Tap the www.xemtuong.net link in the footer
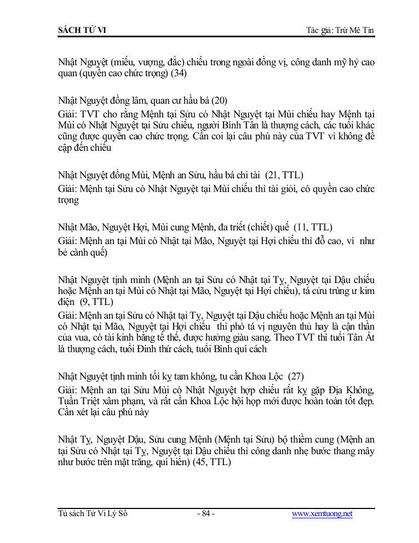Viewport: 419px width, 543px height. (322, 514)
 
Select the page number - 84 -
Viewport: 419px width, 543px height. (205, 514)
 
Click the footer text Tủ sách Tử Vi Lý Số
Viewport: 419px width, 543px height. (93, 514)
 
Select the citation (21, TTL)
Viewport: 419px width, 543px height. (284, 175)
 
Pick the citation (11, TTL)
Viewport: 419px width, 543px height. (313, 227)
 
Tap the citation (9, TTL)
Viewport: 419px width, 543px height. (96, 302)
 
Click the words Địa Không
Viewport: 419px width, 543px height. (344, 389)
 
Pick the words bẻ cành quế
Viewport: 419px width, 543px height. (82, 253)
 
